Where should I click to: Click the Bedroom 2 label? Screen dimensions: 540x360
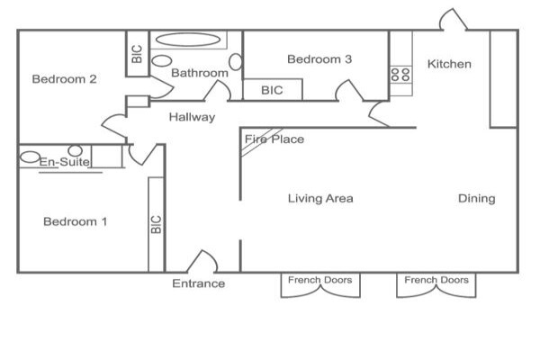click(x=65, y=79)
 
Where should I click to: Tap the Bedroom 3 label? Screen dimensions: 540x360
click(x=319, y=59)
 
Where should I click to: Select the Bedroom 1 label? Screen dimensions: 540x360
click(x=75, y=221)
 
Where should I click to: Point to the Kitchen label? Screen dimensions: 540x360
click(x=449, y=64)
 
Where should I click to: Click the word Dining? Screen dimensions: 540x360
click(x=477, y=199)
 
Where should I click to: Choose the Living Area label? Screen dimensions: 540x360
click(x=320, y=198)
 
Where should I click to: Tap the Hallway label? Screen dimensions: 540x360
click(x=192, y=117)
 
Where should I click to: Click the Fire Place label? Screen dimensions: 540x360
click(x=274, y=139)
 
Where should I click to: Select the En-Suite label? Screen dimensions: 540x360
click(x=65, y=162)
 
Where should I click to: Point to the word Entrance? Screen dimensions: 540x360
click(x=198, y=283)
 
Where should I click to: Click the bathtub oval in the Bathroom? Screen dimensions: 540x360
click(x=188, y=40)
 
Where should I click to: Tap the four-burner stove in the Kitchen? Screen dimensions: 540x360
click(x=400, y=74)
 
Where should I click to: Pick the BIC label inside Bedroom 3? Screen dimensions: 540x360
click(x=272, y=90)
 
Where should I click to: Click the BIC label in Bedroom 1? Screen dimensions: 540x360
click(x=157, y=224)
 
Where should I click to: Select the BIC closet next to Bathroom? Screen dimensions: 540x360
click(x=138, y=54)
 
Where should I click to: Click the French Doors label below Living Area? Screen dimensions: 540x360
click(x=319, y=280)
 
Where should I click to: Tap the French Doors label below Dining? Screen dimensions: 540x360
click(x=436, y=280)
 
